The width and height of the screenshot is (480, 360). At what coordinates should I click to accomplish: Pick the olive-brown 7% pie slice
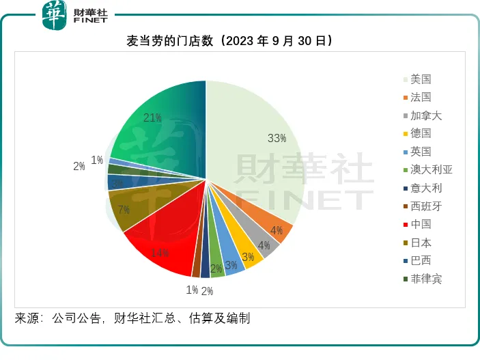pyautogui.click(x=130, y=208)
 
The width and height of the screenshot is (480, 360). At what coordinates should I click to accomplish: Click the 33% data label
pyautogui.click(x=277, y=139)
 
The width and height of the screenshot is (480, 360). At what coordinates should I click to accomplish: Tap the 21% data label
pyautogui.click(x=152, y=118)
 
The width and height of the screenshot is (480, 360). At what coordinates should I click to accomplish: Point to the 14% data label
pyautogui.click(x=159, y=253)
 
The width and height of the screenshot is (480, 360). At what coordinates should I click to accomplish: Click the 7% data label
pyautogui.click(x=124, y=210)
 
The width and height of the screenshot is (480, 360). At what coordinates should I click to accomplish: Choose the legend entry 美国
pyautogui.click(x=421, y=79)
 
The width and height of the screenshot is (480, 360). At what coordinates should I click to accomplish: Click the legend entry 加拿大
pyautogui.click(x=425, y=115)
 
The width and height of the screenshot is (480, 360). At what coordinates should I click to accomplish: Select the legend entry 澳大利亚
pyautogui.click(x=431, y=169)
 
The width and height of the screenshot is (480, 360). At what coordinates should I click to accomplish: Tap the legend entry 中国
pyautogui.click(x=421, y=224)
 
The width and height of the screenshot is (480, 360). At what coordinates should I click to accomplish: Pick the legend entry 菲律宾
pyautogui.click(x=425, y=279)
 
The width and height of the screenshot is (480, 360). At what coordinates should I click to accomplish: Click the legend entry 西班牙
pyautogui.click(x=425, y=206)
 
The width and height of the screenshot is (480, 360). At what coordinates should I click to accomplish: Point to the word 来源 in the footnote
pyautogui.click(x=27, y=318)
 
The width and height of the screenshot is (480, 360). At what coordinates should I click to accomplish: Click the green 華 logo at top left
pyautogui.click(x=54, y=14)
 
